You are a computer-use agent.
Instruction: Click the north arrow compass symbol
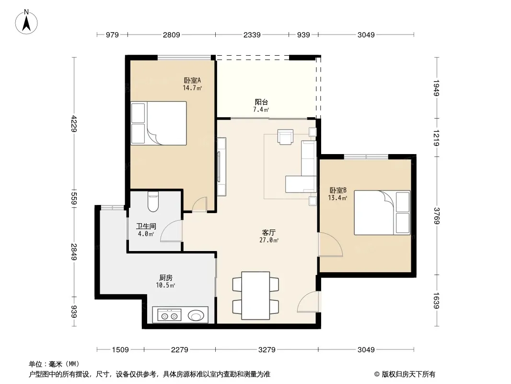pyautogui.click(x=26, y=22)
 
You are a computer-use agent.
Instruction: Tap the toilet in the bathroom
pyautogui.click(x=153, y=202)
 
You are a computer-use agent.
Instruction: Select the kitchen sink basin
pyautogui.click(x=196, y=315)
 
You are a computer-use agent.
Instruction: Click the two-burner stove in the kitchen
pyautogui.click(x=169, y=315)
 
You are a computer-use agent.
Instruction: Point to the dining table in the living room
pyautogui.click(x=255, y=295)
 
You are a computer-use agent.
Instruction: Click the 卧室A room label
pyautogui.click(x=192, y=80)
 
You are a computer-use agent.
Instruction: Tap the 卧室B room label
pyautogui.click(x=338, y=190)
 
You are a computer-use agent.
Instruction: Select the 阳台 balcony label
pyautogui.click(x=261, y=102)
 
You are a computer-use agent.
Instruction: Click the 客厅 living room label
pyautogui.click(x=269, y=233)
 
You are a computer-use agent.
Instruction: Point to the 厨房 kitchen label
pyautogui.click(x=166, y=277)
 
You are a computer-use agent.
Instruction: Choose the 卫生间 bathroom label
pyautogui.click(x=146, y=226)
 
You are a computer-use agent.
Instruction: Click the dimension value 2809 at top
pyautogui.click(x=172, y=35)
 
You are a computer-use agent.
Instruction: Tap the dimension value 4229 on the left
pyautogui.click(x=74, y=124)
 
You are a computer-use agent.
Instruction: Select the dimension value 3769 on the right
pyautogui.click(x=437, y=216)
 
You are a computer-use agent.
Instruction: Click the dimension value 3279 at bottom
pyautogui.click(x=267, y=350)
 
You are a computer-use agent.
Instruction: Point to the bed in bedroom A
pyautogui.click(x=159, y=123)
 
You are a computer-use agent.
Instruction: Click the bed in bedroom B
pyautogui.click(x=382, y=213)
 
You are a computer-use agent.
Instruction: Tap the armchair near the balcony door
pyautogui.click(x=286, y=137)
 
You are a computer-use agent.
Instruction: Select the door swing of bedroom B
pyautogui.click(x=330, y=244)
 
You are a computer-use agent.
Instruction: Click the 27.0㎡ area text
pyautogui.click(x=269, y=240)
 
